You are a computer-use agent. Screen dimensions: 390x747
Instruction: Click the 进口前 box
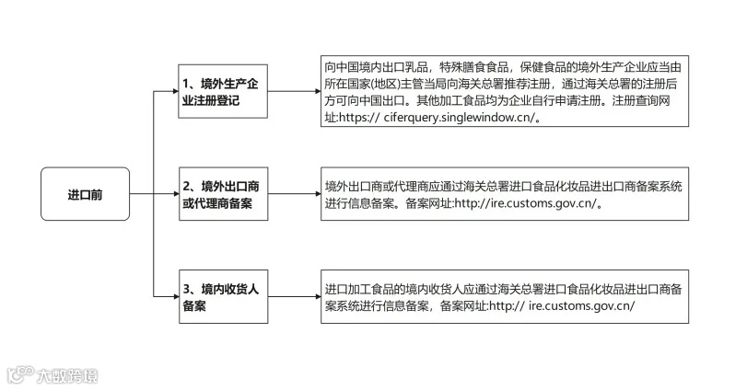(85, 195)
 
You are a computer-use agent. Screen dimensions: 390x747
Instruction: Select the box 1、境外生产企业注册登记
(223, 92)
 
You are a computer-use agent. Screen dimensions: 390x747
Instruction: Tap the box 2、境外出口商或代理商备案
(223, 194)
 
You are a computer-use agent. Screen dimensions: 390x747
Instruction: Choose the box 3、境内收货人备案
(223, 297)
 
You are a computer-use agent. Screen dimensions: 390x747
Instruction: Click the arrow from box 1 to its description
(291, 92)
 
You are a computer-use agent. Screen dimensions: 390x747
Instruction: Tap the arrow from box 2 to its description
(291, 194)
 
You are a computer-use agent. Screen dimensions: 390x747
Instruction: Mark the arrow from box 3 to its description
(291, 297)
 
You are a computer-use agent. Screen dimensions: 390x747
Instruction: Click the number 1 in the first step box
(186, 84)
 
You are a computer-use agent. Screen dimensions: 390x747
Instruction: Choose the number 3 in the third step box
(186, 289)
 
